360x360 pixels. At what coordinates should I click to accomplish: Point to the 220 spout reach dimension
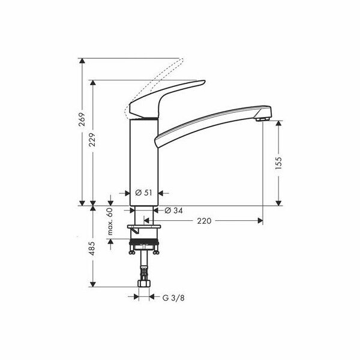204,221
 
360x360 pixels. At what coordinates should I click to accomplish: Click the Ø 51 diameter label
143,193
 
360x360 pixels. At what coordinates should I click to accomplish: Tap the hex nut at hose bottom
144,281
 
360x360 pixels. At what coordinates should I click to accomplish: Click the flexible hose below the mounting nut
144,264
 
